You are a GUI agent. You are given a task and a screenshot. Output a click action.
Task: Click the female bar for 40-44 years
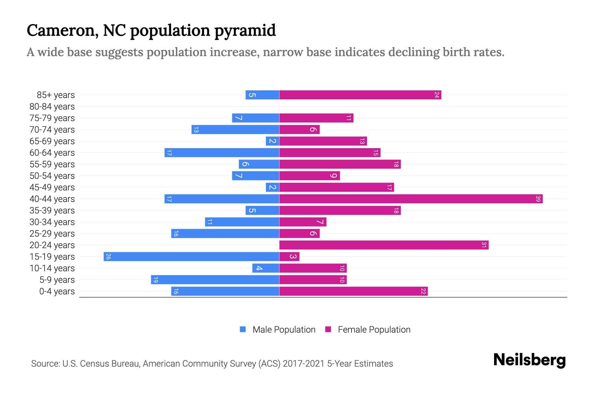coord(411,199)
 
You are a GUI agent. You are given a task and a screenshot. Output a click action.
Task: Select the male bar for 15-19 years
coord(191,257)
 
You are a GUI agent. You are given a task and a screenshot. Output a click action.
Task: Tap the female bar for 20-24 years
coord(384,245)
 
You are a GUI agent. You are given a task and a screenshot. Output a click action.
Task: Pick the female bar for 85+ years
coord(360,95)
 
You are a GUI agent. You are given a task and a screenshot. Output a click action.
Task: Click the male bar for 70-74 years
coord(235,130)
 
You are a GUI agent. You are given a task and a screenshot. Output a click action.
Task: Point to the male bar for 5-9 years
coord(215,280)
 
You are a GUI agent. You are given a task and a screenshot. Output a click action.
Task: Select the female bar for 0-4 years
coord(353,291)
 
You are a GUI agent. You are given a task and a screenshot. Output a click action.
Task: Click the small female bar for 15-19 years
coord(289,257)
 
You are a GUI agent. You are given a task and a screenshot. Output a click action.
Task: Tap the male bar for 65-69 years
coord(273,141)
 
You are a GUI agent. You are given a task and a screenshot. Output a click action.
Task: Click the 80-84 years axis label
coord(52,107)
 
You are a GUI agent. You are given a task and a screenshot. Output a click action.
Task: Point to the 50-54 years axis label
coord(52,176)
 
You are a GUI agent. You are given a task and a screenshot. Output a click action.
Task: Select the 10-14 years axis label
coord(52,268)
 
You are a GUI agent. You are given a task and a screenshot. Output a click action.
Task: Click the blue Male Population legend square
coord(243,329)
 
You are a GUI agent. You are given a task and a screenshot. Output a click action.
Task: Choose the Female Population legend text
coord(374,330)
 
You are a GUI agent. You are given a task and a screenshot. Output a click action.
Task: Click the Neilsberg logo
coord(529,360)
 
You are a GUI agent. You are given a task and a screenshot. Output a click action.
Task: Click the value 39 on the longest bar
coord(538,199)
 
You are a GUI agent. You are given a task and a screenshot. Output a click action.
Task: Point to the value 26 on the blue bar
coord(108,257)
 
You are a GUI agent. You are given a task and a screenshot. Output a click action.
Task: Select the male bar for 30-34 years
coord(242,222)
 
